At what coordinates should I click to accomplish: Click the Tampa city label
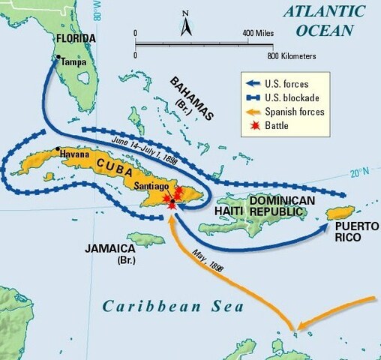tap(73, 63)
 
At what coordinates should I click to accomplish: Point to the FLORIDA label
tap(72, 38)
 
